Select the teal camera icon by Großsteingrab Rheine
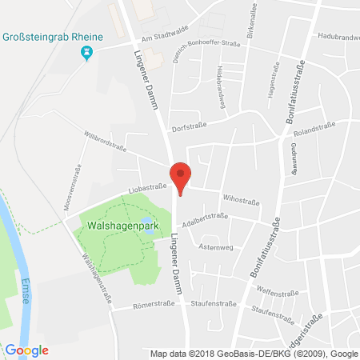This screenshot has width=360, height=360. (x=87, y=53)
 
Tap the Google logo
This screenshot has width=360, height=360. (x=27, y=350)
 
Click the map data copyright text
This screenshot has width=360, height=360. (x=254, y=352)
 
